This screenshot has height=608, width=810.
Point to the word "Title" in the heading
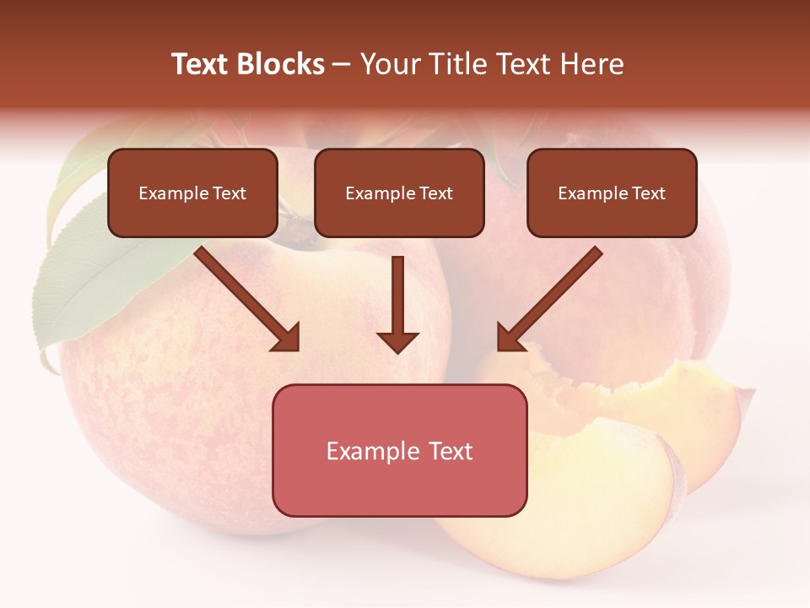(458, 64)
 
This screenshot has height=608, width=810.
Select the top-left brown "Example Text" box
(192, 193)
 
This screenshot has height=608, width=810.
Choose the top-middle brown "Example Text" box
(399, 193)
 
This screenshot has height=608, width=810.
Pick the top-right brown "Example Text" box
(612, 193)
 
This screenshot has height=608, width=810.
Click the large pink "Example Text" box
(399, 450)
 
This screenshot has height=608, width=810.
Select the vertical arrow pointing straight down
(397, 304)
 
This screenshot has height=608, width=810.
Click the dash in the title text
(342, 64)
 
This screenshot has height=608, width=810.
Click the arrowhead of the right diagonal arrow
(511, 337)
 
